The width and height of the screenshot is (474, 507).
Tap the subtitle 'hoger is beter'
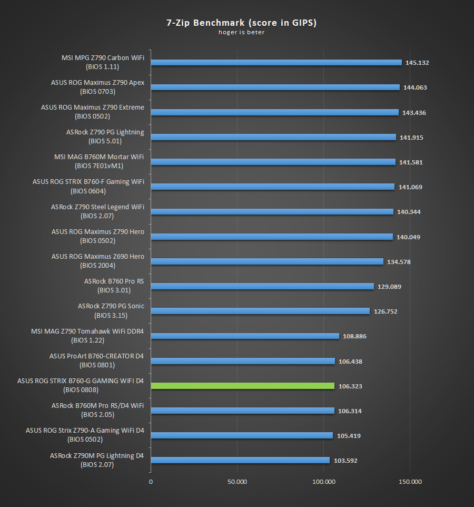pyautogui.click(x=242, y=32)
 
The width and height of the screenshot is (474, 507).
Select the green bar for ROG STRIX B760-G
pyautogui.click(x=242, y=386)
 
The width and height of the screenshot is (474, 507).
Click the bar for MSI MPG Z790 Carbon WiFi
pyautogui.click(x=276, y=62)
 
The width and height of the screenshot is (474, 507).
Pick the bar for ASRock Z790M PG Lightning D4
pyautogui.click(x=240, y=460)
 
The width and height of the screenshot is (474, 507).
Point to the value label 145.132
pyautogui.click(x=417, y=63)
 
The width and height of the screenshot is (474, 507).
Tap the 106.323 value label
pyautogui.click(x=350, y=386)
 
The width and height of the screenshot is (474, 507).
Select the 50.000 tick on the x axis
pyautogui.click(x=237, y=482)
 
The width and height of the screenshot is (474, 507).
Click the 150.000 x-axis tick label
pyautogui.click(x=410, y=482)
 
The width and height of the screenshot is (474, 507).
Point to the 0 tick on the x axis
pyautogui.click(x=151, y=482)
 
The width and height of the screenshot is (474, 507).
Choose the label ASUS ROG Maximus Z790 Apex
pyautogui.click(x=97, y=83)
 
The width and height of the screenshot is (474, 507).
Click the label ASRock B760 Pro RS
pyautogui.click(x=114, y=281)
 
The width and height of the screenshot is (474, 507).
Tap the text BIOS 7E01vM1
pyautogui.click(x=99, y=166)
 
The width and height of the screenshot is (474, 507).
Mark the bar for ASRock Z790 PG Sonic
pyautogui.click(x=260, y=311)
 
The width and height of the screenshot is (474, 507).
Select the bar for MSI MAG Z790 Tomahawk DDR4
pyautogui.click(x=245, y=336)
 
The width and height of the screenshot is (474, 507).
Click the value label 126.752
pyautogui.click(x=386, y=311)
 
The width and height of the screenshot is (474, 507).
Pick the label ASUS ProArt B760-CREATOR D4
pyautogui.click(x=96, y=356)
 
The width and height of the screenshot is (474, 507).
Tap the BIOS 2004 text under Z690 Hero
pyautogui.click(x=97, y=266)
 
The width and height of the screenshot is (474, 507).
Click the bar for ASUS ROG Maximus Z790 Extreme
pyautogui.click(x=274, y=112)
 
